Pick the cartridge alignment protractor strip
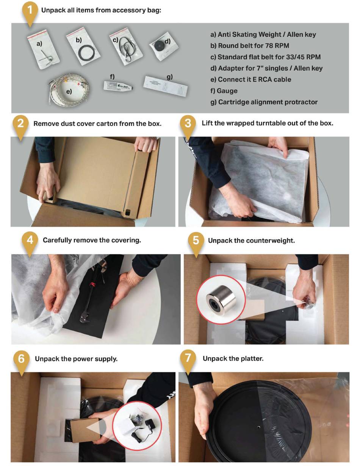165,86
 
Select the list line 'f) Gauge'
224,91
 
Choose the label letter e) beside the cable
69,92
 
